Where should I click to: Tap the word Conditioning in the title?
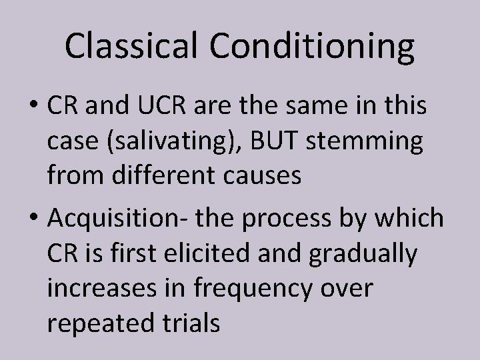(x=313, y=46)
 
